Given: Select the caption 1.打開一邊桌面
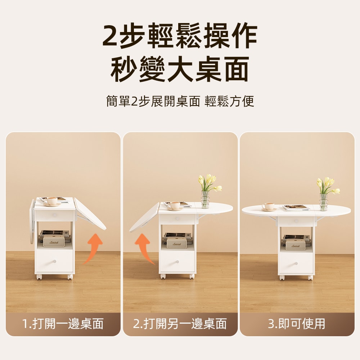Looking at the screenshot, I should pos(63,324).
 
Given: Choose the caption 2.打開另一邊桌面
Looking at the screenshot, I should pos(180,324).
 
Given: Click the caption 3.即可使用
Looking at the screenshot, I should pos(297,324).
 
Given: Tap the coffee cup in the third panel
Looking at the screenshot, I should pos(269,207).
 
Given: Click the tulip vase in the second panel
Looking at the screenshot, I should pos(206,198).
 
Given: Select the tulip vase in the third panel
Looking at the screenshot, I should pos(324,201).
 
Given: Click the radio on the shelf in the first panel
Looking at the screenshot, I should pos(53,242).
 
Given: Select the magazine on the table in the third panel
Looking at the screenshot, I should pos(296,208).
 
